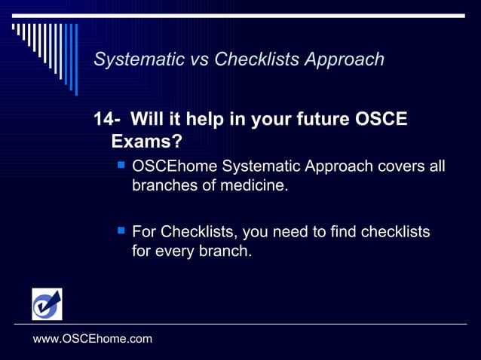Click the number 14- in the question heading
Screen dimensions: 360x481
pos(107,120)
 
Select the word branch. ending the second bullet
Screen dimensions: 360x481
pos(225,251)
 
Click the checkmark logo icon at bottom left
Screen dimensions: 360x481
pos(47,304)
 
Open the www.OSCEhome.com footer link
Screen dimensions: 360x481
pos(93,339)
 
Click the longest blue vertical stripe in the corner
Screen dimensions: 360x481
pos(75,59)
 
